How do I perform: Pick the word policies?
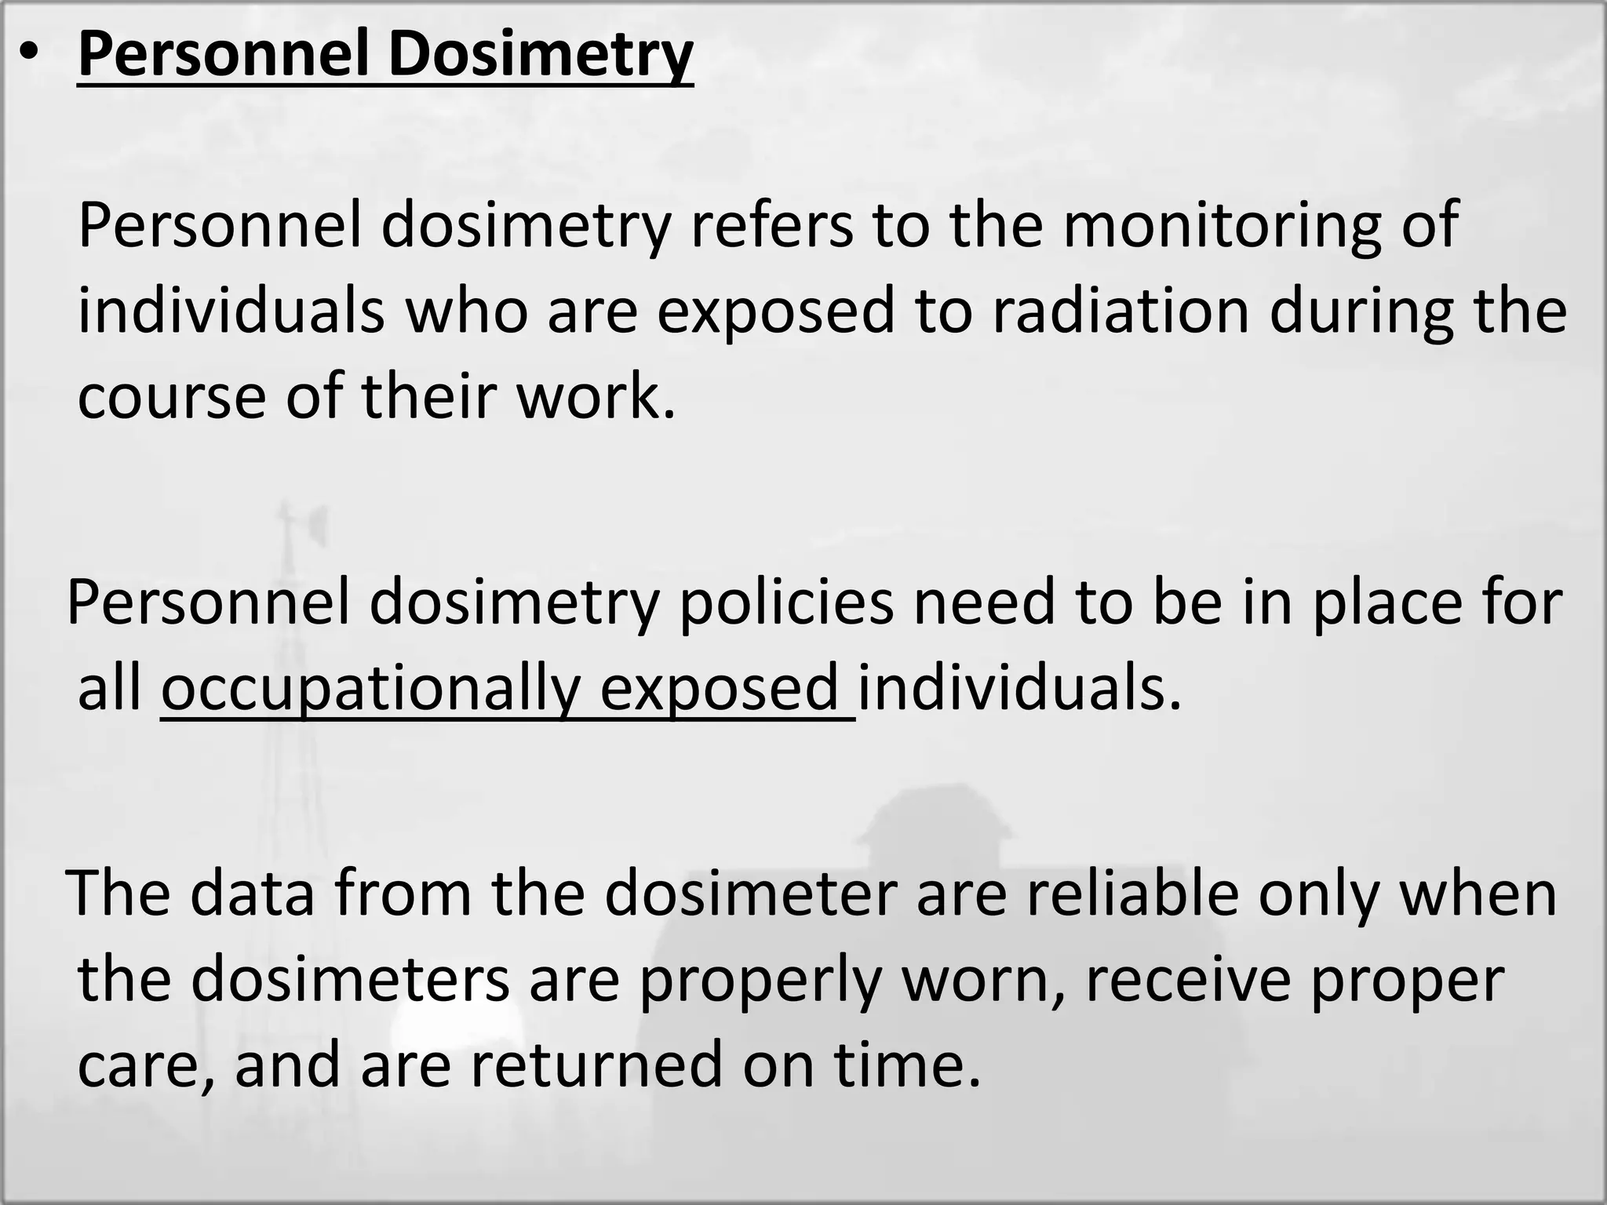tap(786, 602)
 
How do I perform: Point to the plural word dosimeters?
tap(350, 980)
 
